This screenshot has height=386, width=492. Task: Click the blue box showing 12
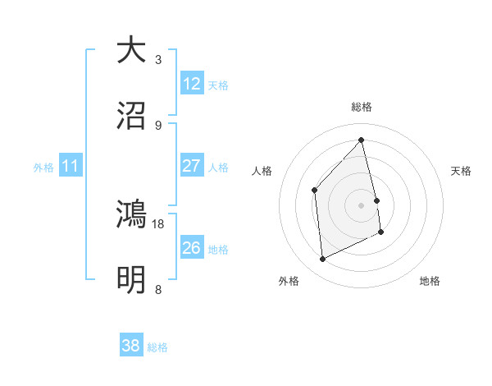point(192,83)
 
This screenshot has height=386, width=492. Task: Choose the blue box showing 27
point(192,166)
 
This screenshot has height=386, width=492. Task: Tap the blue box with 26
point(192,247)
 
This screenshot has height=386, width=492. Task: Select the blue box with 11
point(71,166)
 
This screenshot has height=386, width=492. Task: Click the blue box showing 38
point(131,346)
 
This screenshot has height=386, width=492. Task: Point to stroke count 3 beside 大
point(158,60)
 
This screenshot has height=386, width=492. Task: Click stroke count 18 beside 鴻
point(158,223)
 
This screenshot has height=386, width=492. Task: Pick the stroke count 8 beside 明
point(158,290)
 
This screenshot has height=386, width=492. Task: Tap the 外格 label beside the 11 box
point(43,168)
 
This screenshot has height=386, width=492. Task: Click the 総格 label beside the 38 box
point(157,347)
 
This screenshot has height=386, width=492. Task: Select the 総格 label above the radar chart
point(362,107)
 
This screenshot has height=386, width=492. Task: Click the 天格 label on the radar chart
point(462,171)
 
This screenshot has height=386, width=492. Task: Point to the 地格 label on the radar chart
point(430,281)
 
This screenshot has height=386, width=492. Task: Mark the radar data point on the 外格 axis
point(323,260)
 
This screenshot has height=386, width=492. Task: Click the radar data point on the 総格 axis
point(362,140)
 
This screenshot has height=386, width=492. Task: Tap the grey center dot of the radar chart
point(362,205)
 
